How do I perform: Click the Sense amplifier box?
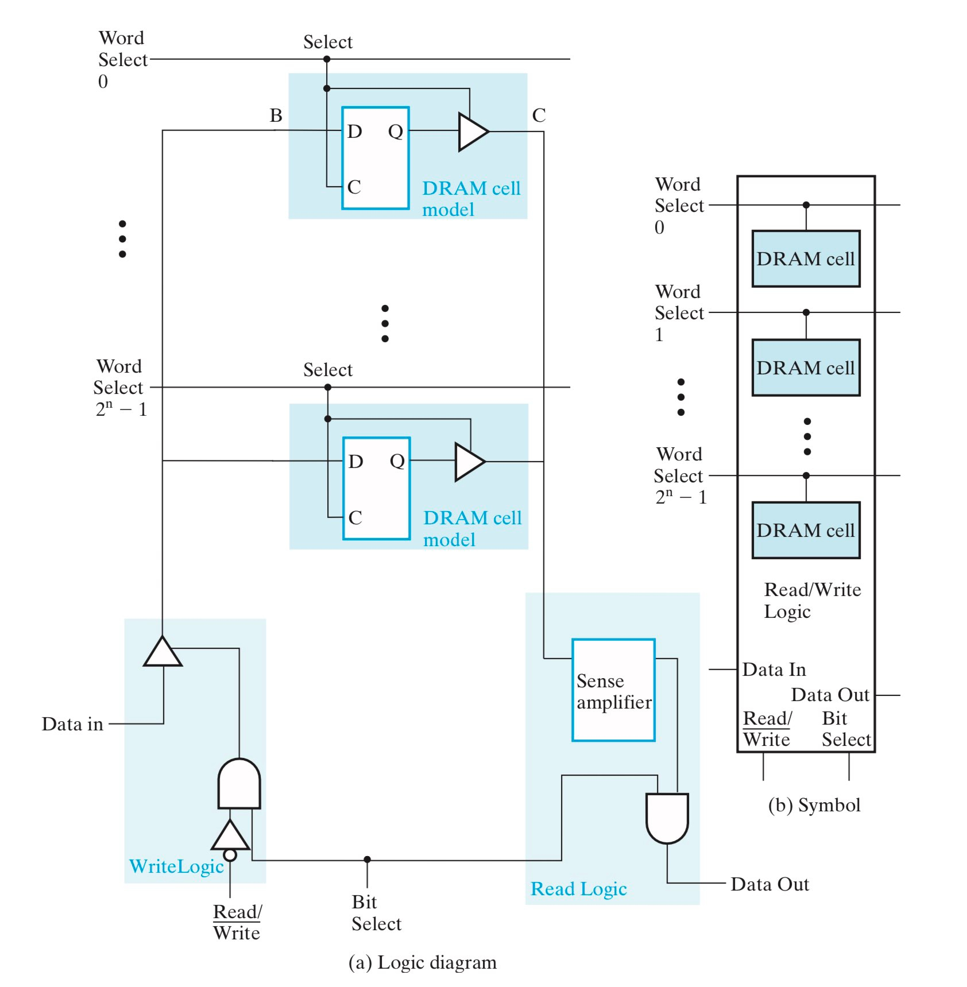pyautogui.click(x=613, y=690)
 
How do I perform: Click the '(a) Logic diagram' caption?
pyautogui.click(x=422, y=962)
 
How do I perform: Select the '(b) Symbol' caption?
pyautogui.click(x=814, y=805)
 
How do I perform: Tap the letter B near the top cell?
pyautogui.click(x=276, y=115)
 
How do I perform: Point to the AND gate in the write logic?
pyautogui.click(x=239, y=784)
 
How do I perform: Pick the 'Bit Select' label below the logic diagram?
pyautogui.click(x=376, y=912)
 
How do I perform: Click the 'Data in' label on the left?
pyautogui.click(x=72, y=724)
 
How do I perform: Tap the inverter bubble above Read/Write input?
pyautogui.click(x=230, y=855)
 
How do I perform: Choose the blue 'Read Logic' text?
pyautogui.click(x=578, y=889)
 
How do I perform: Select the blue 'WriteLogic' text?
pyautogui.click(x=176, y=866)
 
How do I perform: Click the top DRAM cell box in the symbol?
pyautogui.click(x=806, y=259)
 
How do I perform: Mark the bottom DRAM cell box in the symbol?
pyautogui.click(x=806, y=531)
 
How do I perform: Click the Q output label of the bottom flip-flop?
pyautogui.click(x=397, y=461)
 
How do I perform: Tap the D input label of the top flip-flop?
pyautogui.click(x=354, y=131)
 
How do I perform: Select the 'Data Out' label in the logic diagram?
pyautogui.click(x=769, y=884)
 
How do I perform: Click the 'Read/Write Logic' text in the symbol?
pyautogui.click(x=811, y=601)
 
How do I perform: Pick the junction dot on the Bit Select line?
pyautogui.click(x=367, y=860)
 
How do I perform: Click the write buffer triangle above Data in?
pyautogui.click(x=163, y=653)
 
